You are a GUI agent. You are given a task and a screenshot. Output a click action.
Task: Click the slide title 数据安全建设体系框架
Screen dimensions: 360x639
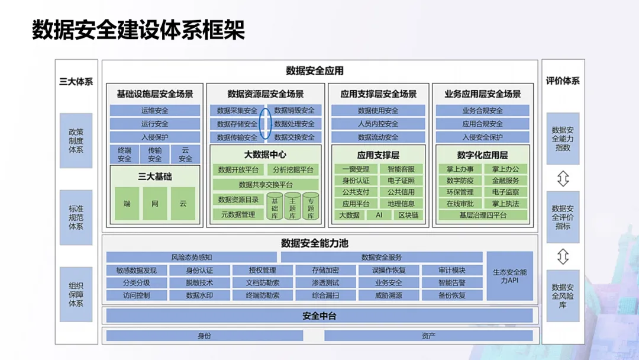coord(138,30)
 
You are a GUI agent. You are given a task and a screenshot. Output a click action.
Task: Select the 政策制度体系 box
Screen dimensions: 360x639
coord(76,140)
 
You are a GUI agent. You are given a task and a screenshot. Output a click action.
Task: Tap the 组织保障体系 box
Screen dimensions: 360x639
coord(76,294)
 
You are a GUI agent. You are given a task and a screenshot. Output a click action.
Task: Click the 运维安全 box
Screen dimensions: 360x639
coord(155,111)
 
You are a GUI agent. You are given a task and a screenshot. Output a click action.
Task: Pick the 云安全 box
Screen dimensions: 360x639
coord(185,155)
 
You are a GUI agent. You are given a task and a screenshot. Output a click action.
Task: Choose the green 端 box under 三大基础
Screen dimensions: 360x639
coord(127,203)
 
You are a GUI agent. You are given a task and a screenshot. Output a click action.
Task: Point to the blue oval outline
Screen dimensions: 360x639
coord(265,124)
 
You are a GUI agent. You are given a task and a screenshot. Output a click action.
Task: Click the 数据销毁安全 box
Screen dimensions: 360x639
coord(294,111)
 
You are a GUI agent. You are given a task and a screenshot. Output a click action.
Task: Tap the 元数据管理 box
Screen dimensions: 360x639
coord(238,214)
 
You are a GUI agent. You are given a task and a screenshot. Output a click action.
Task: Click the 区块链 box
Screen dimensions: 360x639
coord(408,215)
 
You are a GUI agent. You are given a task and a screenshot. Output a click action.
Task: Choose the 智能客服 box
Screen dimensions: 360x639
coord(401,169)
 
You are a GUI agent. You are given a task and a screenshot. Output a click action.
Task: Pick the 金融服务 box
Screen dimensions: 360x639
coord(505,181)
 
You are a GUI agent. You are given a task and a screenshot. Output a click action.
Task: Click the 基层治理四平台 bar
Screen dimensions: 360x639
coord(483,216)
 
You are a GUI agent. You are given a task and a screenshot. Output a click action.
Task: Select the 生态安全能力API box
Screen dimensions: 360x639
coord(509,276)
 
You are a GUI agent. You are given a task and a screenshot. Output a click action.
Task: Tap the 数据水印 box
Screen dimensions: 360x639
coord(199,295)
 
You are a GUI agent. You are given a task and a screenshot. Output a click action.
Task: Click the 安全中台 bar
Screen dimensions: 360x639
coord(319,316)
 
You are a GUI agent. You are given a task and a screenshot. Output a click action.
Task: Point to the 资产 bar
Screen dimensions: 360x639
coord(428,336)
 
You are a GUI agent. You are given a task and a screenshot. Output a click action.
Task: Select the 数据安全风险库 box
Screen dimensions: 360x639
coord(563,295)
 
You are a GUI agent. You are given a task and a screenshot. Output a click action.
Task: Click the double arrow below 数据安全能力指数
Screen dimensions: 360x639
coord(563,178)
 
